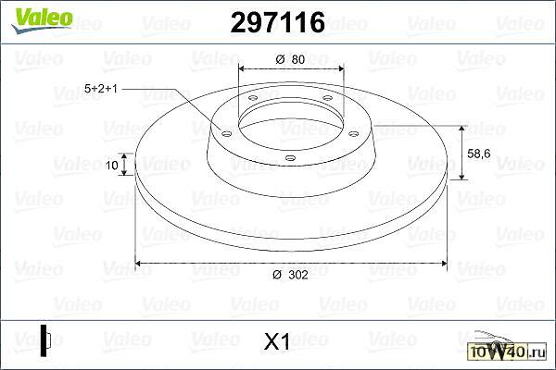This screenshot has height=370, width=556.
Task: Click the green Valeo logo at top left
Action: pyautogui.click(x=42, y=19)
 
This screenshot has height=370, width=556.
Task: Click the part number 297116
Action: pyautogui.click(x=278, y=22)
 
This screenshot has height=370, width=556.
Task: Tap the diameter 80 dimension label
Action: pyautogui.click(x=290, y=59)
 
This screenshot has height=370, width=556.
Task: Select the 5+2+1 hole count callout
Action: pyautogui.click(x=101, y=89)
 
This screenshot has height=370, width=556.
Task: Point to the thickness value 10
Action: pyautogui.click(x=112, y=165)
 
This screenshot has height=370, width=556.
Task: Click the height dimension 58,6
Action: pyautogui.click(x=479, y=154)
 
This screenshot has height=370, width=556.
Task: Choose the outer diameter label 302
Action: pyautogui.click(x=290, y=275)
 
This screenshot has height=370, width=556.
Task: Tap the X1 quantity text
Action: pyautogui.click(x=277, y=341)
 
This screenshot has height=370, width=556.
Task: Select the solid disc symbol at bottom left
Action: pyautogui.click(x=45, y=340)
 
